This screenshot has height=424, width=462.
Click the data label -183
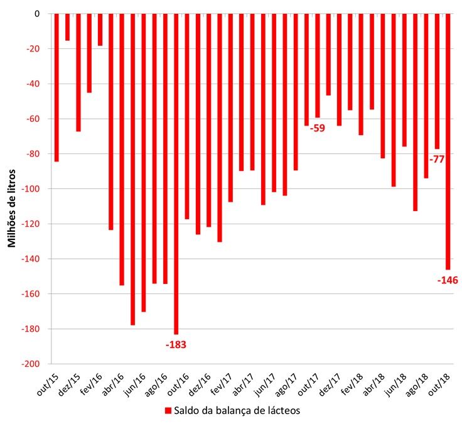176,345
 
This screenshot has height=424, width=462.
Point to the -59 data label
318,129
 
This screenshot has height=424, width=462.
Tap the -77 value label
437,160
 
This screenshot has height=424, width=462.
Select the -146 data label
448,280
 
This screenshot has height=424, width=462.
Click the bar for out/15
56,88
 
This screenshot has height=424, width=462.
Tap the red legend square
168,411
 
